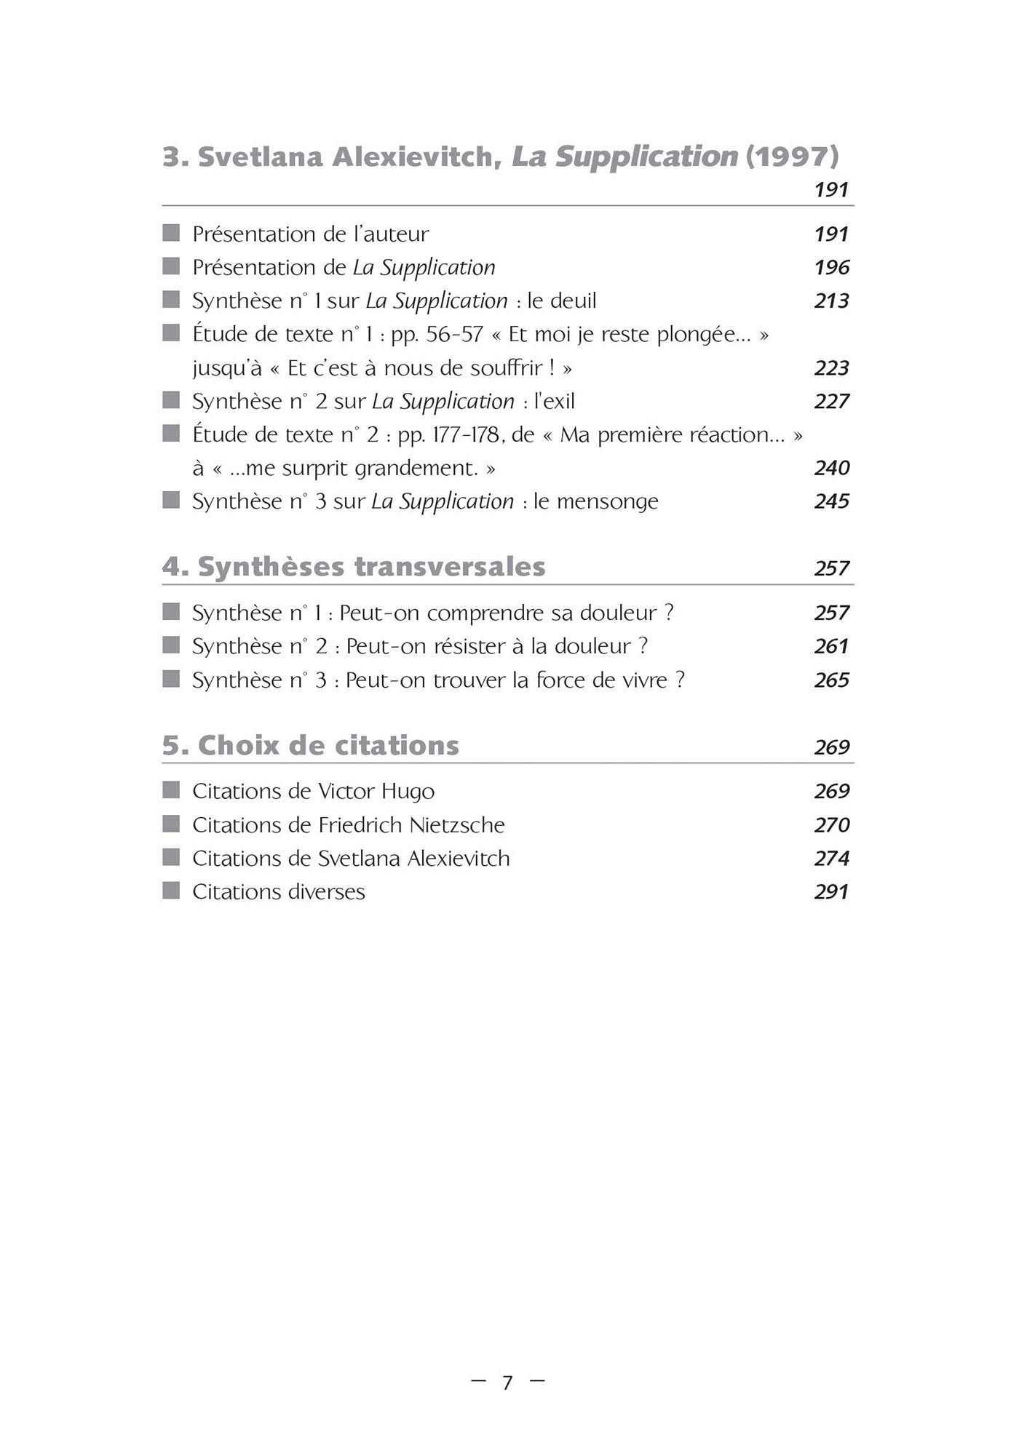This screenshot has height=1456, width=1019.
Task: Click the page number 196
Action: click(x=831, y=268)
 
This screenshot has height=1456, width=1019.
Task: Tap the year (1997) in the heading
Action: click(x=792, y=156)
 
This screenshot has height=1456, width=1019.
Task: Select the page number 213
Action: click(x=831, y=301)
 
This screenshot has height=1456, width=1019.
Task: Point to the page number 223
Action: click(x=831, y=368)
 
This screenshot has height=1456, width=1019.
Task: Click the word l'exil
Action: click(x=555, y=402)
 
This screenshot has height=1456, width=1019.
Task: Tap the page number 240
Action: click(x=831, y=468)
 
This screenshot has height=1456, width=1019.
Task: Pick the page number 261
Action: click(x=831, y=647)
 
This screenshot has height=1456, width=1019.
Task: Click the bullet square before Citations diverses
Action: click(x=171, y=891)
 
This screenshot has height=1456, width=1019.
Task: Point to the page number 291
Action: click(x=831, y=892)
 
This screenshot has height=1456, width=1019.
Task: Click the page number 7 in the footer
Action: click(x=508, y=1383)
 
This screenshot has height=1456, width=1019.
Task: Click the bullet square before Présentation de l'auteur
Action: click(x=171, y=233)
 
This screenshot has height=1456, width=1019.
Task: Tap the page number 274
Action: click(x=831, y=859)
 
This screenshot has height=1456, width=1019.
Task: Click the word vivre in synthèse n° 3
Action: click(x=642, y=680)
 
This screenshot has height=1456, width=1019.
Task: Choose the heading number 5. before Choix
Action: click(x=175, y=746)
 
